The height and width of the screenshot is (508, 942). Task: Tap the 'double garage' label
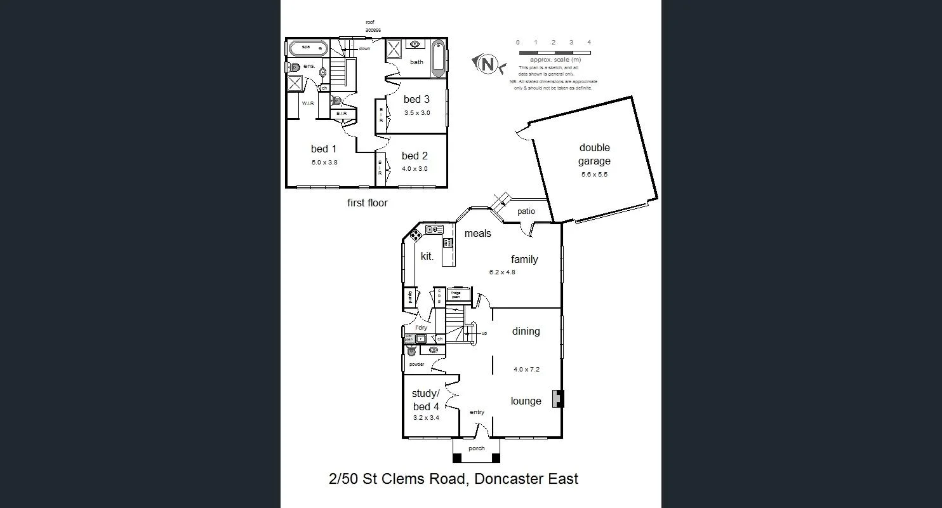pos(594,154)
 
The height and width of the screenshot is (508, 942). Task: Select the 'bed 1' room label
pos(324,149)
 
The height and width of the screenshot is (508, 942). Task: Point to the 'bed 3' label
pos(416,99)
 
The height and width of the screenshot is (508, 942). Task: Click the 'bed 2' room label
pos(415,156)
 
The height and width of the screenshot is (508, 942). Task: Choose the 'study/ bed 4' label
pos(425,400)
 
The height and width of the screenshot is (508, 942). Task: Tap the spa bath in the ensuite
pos(308,48)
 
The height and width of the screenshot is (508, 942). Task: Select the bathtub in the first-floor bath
pos(438,58)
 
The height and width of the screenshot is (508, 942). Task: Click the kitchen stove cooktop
pos(415,236)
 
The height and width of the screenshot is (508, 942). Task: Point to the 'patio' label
pos(526,211)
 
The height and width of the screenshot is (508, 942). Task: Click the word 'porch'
pos(476,448)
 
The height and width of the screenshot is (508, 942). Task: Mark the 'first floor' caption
pos(367,203)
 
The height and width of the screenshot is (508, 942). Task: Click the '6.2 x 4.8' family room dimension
pos(501,272)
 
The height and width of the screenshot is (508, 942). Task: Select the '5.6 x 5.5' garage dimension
pos(594,174)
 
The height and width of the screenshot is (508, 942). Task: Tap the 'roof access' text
pos(373,26)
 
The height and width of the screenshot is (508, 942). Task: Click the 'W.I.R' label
pos(308,103)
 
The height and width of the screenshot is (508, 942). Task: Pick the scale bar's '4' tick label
pos(589,43)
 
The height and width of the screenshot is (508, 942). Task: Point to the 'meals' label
pos(477,234)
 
